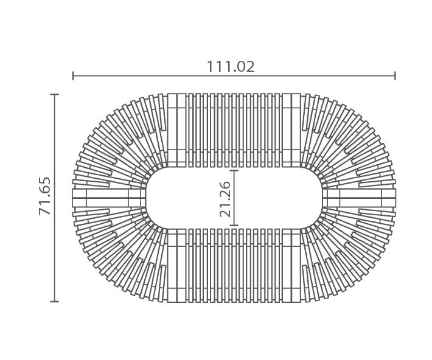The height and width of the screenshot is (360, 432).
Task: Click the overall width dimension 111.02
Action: (231, 67)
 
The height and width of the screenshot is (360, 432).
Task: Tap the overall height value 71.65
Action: (45, 196)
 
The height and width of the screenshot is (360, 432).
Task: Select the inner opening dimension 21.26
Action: (225, 199)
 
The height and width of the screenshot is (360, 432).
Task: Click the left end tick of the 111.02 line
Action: (73, 75)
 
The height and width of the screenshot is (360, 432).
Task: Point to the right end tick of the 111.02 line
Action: (395, 75)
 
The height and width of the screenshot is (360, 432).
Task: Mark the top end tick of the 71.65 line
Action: (55, 94)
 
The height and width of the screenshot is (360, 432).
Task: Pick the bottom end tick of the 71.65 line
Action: (55, 302)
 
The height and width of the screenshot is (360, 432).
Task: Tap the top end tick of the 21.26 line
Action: (234, 171)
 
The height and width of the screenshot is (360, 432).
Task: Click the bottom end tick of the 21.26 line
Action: (234, 226)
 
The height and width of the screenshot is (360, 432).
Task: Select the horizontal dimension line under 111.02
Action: (234, 75)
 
